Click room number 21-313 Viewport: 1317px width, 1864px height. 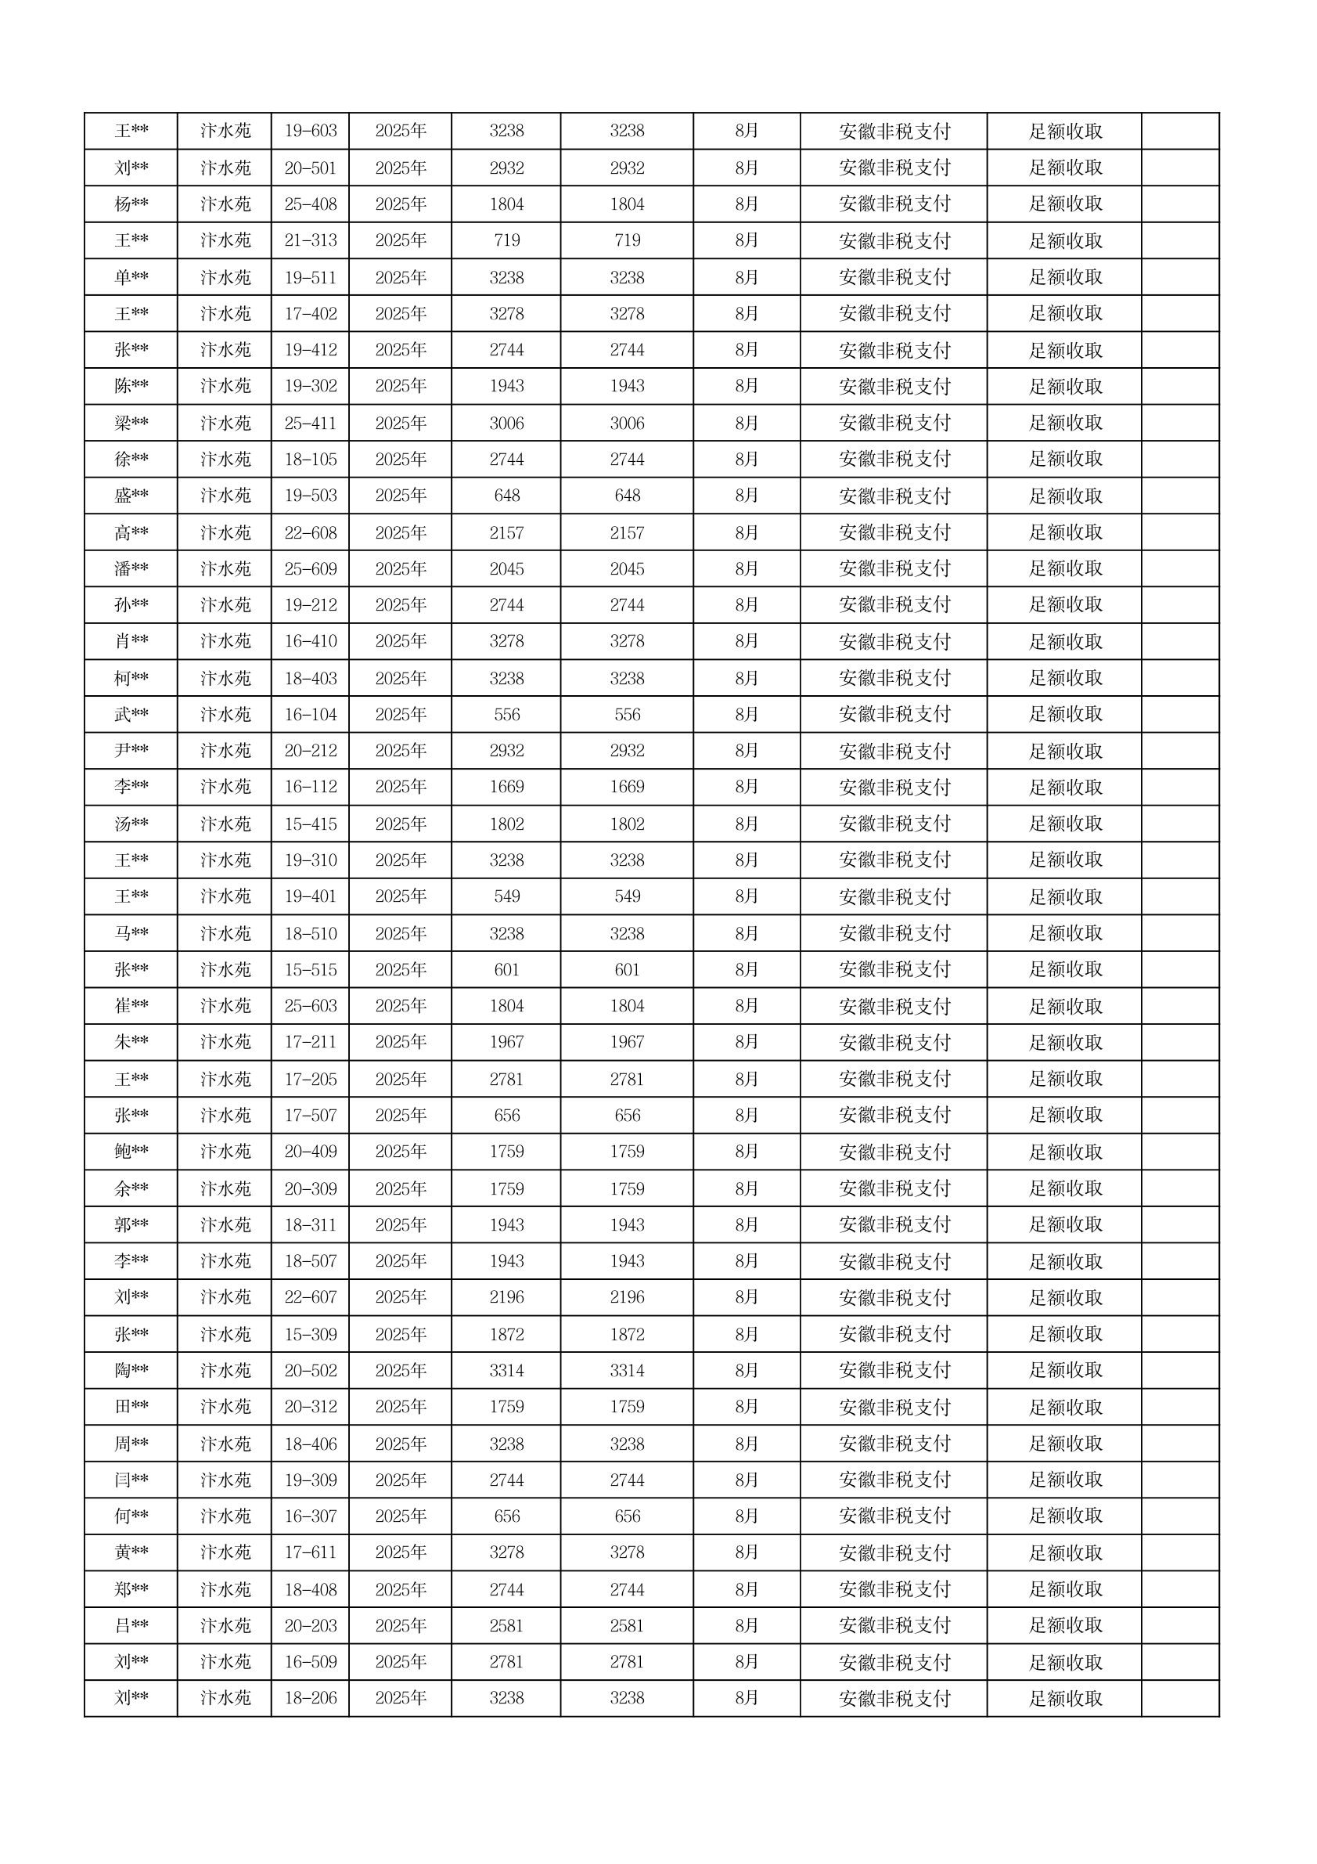[310, 240]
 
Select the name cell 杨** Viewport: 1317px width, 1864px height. [131, 204]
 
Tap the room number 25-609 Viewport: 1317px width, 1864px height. [310, 569]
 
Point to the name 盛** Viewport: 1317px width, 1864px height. [131, 496]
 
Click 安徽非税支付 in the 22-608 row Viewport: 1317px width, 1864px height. [894, 532]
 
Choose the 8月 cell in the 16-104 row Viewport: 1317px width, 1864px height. [747, 715]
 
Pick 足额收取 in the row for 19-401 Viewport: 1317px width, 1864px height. [1065, 896]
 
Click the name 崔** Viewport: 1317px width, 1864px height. [131, 1006]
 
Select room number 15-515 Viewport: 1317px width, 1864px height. [310, 969]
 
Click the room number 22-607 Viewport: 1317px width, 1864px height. [310, 1296]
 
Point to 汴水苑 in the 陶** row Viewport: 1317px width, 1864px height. [225, 1370]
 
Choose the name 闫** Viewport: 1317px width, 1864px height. [131, 1480]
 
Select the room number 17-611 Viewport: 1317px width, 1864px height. [310, 1552]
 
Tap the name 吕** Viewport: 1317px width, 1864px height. [131, 1625]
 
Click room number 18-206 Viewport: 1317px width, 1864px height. [310, 1698]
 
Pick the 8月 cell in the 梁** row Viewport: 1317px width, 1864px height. [747, 423]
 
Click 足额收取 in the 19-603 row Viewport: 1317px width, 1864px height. [1065, 131]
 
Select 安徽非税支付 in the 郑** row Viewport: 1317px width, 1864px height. [894, 1588]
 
